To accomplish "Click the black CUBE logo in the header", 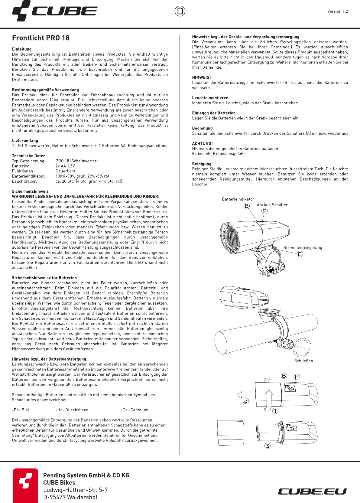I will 55,11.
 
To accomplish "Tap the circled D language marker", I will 180,11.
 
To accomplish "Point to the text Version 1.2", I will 338,11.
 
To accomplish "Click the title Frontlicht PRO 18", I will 41,38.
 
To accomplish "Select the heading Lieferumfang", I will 25,141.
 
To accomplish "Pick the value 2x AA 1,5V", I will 65,166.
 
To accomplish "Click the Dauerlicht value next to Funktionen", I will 65,171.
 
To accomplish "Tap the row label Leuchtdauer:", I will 24,181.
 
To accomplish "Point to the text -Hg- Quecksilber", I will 72,410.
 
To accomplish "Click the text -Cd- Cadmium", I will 135,410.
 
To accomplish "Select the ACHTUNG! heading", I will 203,144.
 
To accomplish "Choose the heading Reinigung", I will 202,164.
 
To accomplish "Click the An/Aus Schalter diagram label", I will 272,205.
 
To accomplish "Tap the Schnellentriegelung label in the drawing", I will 303,248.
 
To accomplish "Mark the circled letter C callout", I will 300,254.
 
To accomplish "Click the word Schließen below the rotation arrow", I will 303,361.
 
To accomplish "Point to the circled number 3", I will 267,446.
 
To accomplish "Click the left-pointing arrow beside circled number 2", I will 244,394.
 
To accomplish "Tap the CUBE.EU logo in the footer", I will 312,492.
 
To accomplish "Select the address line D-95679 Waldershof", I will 70,497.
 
